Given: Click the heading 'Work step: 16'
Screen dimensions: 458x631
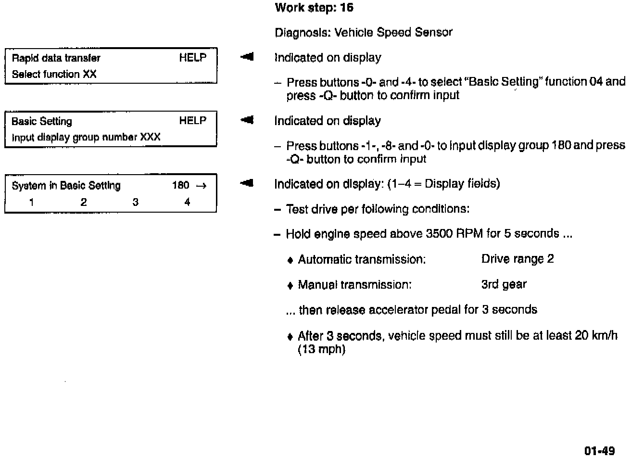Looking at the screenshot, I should (x=314, y=8).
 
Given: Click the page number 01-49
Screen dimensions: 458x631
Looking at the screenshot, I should (x=599, y=451).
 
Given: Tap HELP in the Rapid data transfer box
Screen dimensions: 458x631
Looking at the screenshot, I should (x=193, y=58).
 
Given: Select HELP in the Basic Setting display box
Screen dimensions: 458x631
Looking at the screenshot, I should (x=193, y=121).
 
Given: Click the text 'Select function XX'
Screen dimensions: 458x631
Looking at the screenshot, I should (x=54, y=74).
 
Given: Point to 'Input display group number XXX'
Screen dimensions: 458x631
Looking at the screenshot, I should (x=86, y=137).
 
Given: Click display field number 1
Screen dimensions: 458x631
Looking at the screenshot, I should (x=31, y=202).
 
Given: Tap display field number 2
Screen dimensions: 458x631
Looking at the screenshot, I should (x=83, y=202).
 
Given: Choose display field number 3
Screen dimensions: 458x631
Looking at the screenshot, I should (x=135, y=202).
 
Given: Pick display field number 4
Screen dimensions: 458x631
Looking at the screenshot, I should (x=187, y=202).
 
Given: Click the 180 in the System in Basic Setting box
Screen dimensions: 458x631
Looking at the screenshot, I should (x=181, y=186).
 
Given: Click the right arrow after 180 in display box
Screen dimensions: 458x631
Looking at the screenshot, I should (x=202, y=186).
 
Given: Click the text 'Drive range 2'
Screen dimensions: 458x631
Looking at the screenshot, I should (x=517, y=259).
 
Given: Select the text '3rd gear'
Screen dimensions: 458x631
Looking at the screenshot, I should (x=504, y=284).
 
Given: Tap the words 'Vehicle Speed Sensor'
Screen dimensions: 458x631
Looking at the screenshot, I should (x=393, y=33).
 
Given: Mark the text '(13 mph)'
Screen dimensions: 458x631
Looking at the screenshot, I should (x=322, y=349).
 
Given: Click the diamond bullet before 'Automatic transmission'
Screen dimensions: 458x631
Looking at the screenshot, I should (x=290, y=260).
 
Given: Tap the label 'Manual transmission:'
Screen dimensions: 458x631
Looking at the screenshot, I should (x=354, y=285).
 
